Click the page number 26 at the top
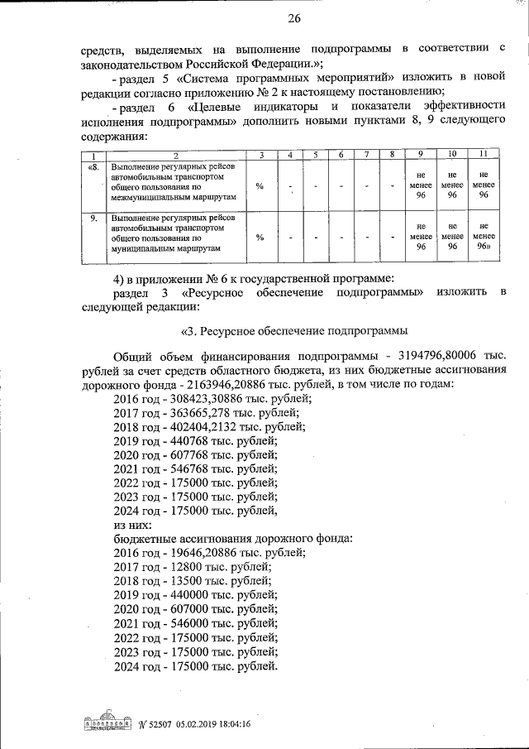coord(270,19)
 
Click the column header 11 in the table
coord(482,156)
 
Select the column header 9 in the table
coord(421,156)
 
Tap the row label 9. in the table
coord(93,217)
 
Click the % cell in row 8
coord(260,187)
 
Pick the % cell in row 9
coord(260,237)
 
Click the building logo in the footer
coord(108,723)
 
